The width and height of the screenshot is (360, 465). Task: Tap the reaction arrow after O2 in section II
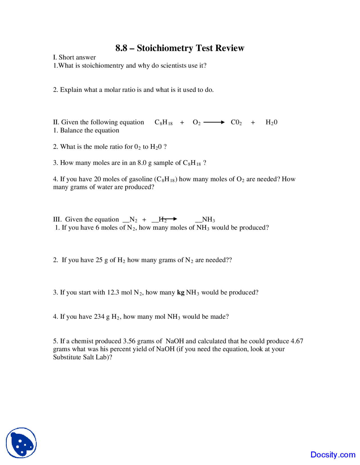click(214, 122)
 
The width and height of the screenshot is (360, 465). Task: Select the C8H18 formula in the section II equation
click(163, 122)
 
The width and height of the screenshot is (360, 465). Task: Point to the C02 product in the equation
click(236, 122)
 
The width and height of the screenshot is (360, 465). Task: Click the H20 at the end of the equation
click(271, 122)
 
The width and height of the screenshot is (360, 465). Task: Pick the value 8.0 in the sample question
click(142, 163)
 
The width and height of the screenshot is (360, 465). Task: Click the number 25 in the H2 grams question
click(99, 260)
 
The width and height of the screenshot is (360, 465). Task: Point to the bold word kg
click(181, 293)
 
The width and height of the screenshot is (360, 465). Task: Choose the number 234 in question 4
click(99, 317)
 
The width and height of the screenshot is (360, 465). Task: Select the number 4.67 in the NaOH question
click(297, 341)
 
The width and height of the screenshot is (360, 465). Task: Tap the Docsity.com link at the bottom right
click(333, 455)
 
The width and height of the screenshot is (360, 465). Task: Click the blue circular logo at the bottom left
click(21, 443)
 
